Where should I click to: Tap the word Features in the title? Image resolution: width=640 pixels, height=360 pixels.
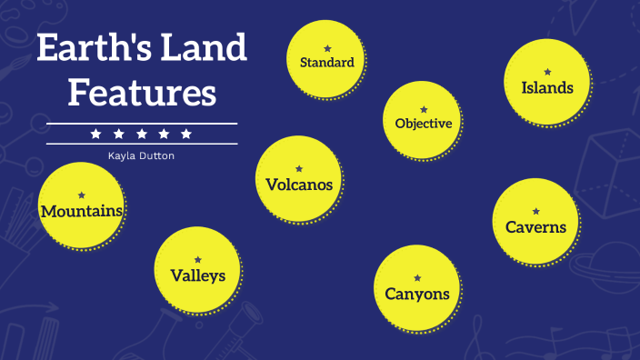coord(143,93)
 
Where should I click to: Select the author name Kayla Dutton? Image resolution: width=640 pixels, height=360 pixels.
coord(141,155)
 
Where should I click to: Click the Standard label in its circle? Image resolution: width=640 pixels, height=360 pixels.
coord(326,63)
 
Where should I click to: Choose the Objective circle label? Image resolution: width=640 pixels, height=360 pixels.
coord(423,123)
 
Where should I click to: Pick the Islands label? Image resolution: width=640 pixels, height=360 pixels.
coord(547,88)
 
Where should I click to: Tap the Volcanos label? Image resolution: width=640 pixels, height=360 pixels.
coord(299,185)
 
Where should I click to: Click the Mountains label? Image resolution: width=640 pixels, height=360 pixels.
coord(82,211)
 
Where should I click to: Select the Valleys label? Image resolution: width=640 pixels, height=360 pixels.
coord(197,275)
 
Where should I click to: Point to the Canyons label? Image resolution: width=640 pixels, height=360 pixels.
coord(417,294)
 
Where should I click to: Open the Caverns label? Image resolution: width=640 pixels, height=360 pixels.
coord(536,226)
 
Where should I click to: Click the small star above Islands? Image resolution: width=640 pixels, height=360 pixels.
coord(547,71)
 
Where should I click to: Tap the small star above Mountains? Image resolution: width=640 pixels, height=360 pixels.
coord(82,195)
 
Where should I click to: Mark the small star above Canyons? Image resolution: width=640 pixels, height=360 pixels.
coord(417,277)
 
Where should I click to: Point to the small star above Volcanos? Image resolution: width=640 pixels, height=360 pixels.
coord(299,168)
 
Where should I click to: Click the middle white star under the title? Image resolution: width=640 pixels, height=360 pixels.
coord(141,134)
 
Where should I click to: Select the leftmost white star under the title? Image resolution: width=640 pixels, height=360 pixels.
coord(95,134)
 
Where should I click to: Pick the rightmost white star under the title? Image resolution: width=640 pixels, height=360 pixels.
coord(186,134)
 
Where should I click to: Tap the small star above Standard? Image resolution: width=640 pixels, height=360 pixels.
coord(327,47)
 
